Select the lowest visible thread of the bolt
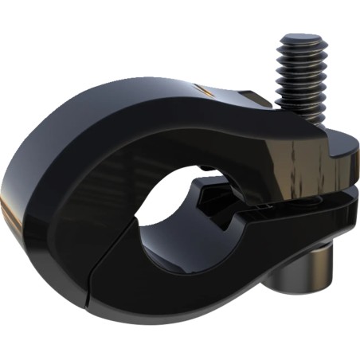[306, 115]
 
